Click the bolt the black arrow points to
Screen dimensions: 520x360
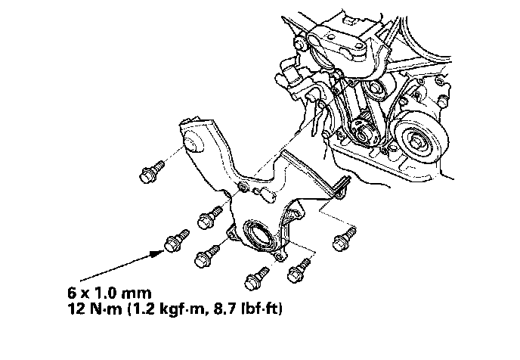[176, 241]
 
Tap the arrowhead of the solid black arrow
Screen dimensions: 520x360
[157, 254]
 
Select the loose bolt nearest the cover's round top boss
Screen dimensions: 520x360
[152, 172]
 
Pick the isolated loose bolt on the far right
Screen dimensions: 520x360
[345, 238]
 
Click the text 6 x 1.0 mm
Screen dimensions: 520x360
[110, 293]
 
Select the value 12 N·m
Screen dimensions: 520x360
[94, 309]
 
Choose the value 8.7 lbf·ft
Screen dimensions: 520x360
[246, 309]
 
